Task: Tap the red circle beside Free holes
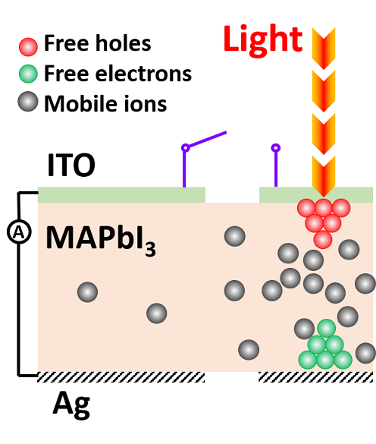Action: [x=28, y=47]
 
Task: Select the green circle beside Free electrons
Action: [x=28, y=74]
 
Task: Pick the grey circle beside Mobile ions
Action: [x=28, y=102]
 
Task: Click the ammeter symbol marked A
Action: [x=19, y=232]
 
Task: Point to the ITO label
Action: [x=71, y=165]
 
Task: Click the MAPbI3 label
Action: [x=100, y=240]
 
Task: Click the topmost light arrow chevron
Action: [x=324, y=49]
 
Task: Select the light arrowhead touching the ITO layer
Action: [x=324, y=176]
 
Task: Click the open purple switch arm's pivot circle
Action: [x=185, y=147]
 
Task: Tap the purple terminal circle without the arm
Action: [x=276, y=148]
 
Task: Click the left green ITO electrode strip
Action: [x=121, y=195]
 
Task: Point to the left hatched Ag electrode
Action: [x=121, y=377]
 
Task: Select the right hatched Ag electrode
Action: [x=316, y=377]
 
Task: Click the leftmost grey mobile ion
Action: [x=88, y=292]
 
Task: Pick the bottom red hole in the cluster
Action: [x=323, y=240]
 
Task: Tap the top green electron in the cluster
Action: [x=327, y=329]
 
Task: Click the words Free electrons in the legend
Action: [x=118, y=74]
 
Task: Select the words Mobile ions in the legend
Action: [x=106, y=104]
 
